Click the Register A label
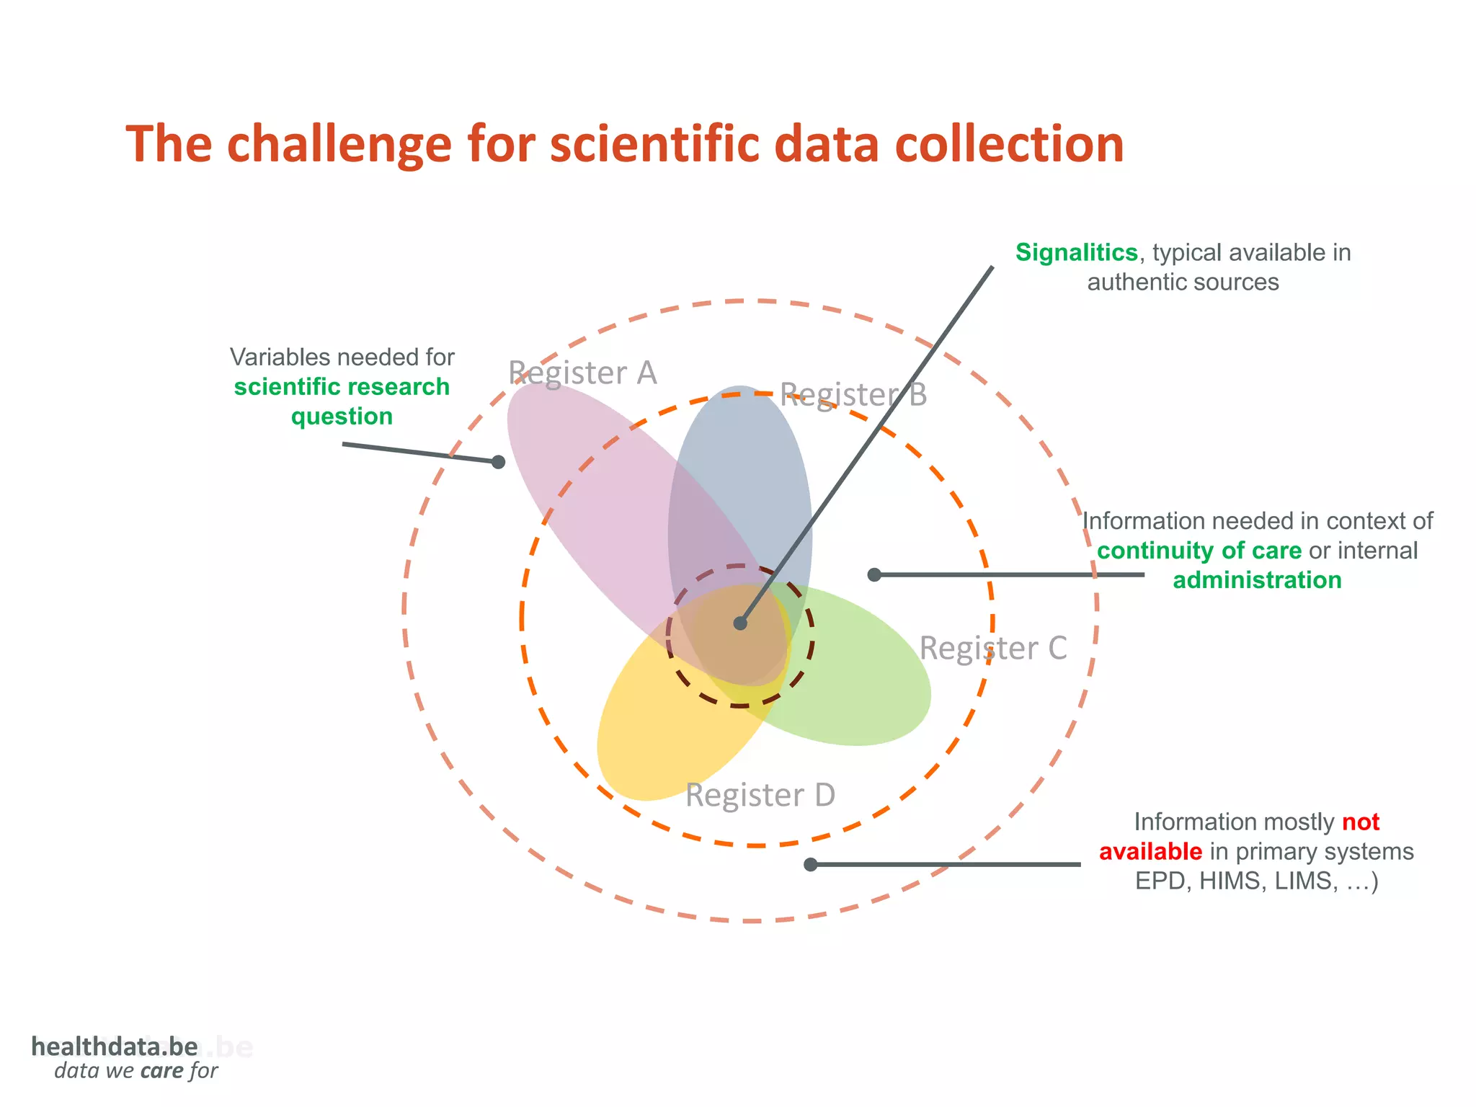point(582,373)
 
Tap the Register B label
point(853,395)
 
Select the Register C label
point(992,648)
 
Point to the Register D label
point(760,795)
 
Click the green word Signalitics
point(1076,253)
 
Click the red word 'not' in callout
point(1360,822)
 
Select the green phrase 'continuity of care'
point(1199,551)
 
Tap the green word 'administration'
point(1257,580)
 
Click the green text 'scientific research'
point(342,387)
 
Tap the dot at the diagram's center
point(740,623)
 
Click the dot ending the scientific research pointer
point(498,462)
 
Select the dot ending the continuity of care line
point(874,574)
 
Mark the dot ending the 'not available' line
point(810,864)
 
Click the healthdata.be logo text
point(114,1046)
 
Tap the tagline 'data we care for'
point(135,1071)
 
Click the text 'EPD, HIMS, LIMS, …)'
point(1256,881)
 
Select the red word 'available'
point(1150,852)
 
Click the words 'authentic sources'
point(1183,283)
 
